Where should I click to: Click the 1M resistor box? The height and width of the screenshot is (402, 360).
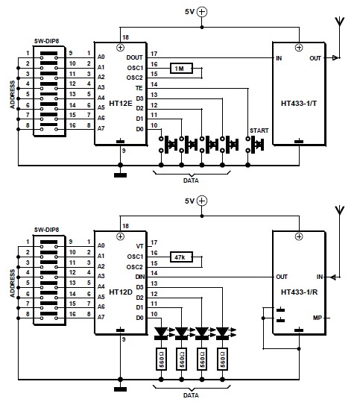[181, 69]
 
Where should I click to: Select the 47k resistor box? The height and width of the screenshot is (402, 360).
[181, 257]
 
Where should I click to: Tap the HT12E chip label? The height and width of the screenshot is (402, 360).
[121, 104]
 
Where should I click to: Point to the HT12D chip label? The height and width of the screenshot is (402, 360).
[121, 292]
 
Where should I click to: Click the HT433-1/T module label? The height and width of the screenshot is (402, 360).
[299, 104]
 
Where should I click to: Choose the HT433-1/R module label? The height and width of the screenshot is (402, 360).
[300, 292]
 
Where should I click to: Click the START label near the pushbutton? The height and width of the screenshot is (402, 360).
[259, 131]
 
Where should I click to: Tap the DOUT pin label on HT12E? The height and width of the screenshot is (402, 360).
[134, 57]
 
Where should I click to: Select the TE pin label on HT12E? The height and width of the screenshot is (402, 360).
[139, 88]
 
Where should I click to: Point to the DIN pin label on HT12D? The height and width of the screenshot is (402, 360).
[140, 277]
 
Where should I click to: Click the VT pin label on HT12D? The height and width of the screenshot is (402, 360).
[139, 246]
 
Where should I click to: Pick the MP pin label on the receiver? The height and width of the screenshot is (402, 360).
[318, 318]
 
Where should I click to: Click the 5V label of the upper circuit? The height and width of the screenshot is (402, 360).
[189, 12]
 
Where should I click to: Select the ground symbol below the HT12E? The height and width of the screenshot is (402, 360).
[120, 175]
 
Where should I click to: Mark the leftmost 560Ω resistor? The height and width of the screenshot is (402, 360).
[161, 359]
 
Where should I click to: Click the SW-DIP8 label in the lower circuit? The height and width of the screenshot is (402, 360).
[47, 230]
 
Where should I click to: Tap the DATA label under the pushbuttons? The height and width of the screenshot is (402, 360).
[191, 180]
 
